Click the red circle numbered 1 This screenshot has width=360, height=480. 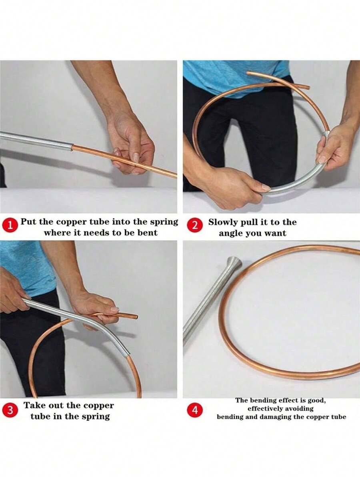click(x=10, y=226)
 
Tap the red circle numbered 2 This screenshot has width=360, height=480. click(x=195, y=226)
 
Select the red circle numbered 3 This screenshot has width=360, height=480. click(x=10, y=410)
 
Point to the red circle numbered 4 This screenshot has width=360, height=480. click(x=195, y=410)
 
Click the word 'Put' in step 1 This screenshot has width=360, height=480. click(x=27, y=222)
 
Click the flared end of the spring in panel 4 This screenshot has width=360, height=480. click(x=234, y=263)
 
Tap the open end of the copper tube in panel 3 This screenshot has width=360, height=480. click(x=136, y=317)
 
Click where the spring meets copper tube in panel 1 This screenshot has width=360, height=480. click(x=72, y=148)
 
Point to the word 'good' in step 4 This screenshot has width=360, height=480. click(x=317, y=400)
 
